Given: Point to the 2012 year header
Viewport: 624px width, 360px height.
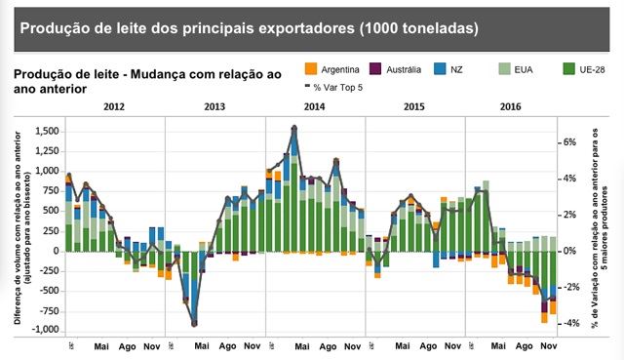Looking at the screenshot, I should (115, 105).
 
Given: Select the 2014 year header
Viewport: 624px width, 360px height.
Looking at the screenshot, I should (315, 105).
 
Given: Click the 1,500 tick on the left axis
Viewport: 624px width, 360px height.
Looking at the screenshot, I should (47, 130).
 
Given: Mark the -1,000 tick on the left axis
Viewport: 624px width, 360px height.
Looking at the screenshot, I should (45, 331).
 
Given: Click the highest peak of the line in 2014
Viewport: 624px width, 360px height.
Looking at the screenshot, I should (294, 127).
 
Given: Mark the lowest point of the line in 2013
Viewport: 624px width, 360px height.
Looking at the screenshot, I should (194, 324).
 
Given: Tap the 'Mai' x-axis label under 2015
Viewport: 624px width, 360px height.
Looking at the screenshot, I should (402, 345).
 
